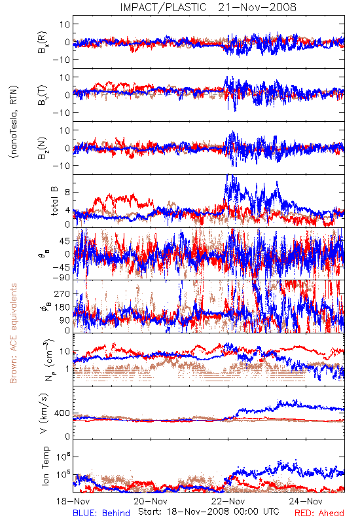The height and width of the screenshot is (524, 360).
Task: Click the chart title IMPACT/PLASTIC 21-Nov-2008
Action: pos(208,7)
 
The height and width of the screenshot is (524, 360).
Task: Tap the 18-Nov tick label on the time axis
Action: pos(73,501)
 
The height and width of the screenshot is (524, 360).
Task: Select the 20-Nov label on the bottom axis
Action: pos(151,501)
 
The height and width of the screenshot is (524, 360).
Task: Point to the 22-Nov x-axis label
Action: pos(228,501)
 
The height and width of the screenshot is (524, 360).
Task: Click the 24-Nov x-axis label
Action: pos(306,501)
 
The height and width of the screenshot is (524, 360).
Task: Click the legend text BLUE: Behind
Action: pos(101,513)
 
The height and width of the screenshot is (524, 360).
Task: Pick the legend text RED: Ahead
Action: pos(319,513)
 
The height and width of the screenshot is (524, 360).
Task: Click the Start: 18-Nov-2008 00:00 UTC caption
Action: pos(209,512)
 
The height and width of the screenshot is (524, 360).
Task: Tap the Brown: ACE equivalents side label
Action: pos(13,333)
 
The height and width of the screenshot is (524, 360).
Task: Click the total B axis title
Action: pos(54,200)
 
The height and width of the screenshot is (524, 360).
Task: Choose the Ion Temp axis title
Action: pos(45,466)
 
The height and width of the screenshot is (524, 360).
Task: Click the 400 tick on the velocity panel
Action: pos(62,413)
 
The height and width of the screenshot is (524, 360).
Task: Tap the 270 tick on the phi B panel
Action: pos(62,293)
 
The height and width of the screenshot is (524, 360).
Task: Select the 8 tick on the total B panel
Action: pos(67,193)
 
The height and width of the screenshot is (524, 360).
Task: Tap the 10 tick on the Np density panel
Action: pos(64,352)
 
